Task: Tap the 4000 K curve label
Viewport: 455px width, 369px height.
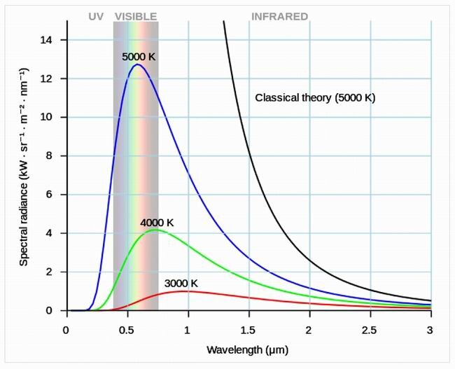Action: pos(156,223)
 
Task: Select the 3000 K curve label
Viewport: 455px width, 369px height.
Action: pos(181,284)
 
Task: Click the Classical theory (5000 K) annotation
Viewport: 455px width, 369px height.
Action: pos(315,98)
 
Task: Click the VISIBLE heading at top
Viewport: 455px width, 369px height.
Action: pos(136,16)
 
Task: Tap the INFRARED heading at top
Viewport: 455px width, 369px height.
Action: pos(280,16)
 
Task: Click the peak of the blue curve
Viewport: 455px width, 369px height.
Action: pos(136,65)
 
